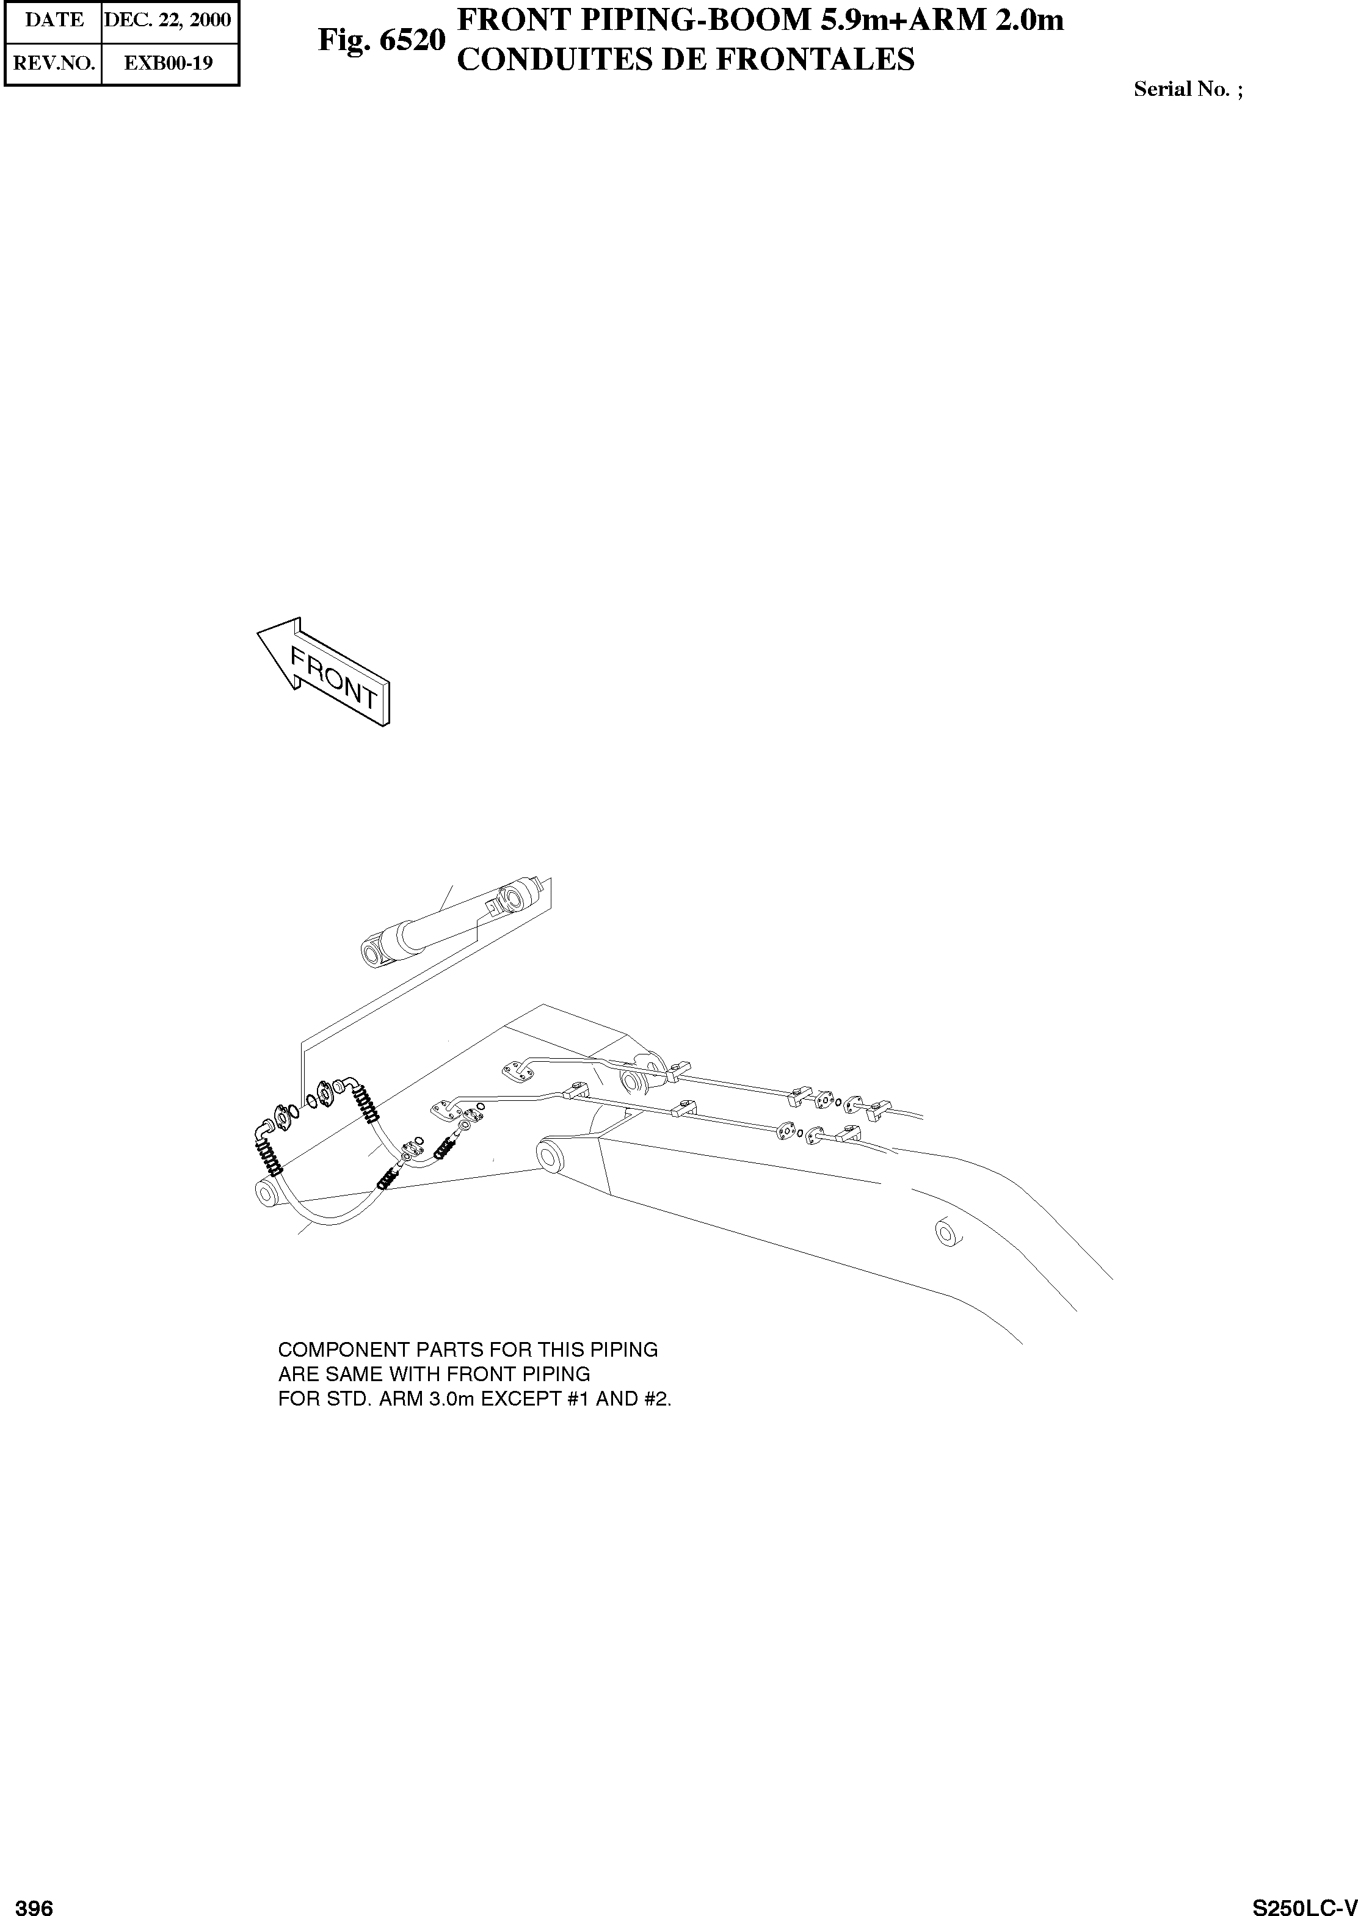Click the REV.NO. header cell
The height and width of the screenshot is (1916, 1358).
[x=54, y=63]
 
